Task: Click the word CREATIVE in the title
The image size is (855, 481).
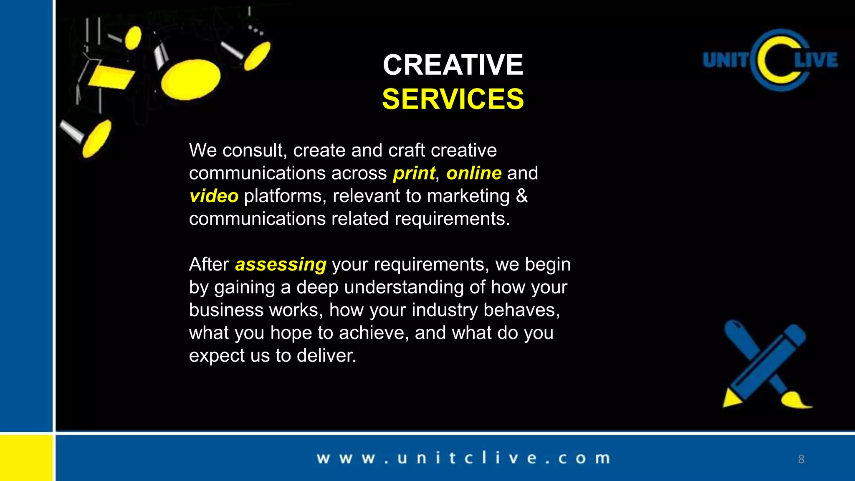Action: [453, 65]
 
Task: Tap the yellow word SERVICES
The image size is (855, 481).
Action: [453, 99]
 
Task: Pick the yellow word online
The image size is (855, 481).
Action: [474, 173]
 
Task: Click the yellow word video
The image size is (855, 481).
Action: [214, 196]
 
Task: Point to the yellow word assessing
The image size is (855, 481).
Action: [281, 265]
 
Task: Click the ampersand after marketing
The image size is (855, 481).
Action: [522, 196]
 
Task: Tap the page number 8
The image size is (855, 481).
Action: [801, 459]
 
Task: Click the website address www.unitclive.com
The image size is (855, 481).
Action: [463, 458]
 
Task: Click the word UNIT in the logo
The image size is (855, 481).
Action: [726, 60]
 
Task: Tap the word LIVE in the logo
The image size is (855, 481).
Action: [816, 60]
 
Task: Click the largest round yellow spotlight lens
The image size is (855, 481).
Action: [191, 79]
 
